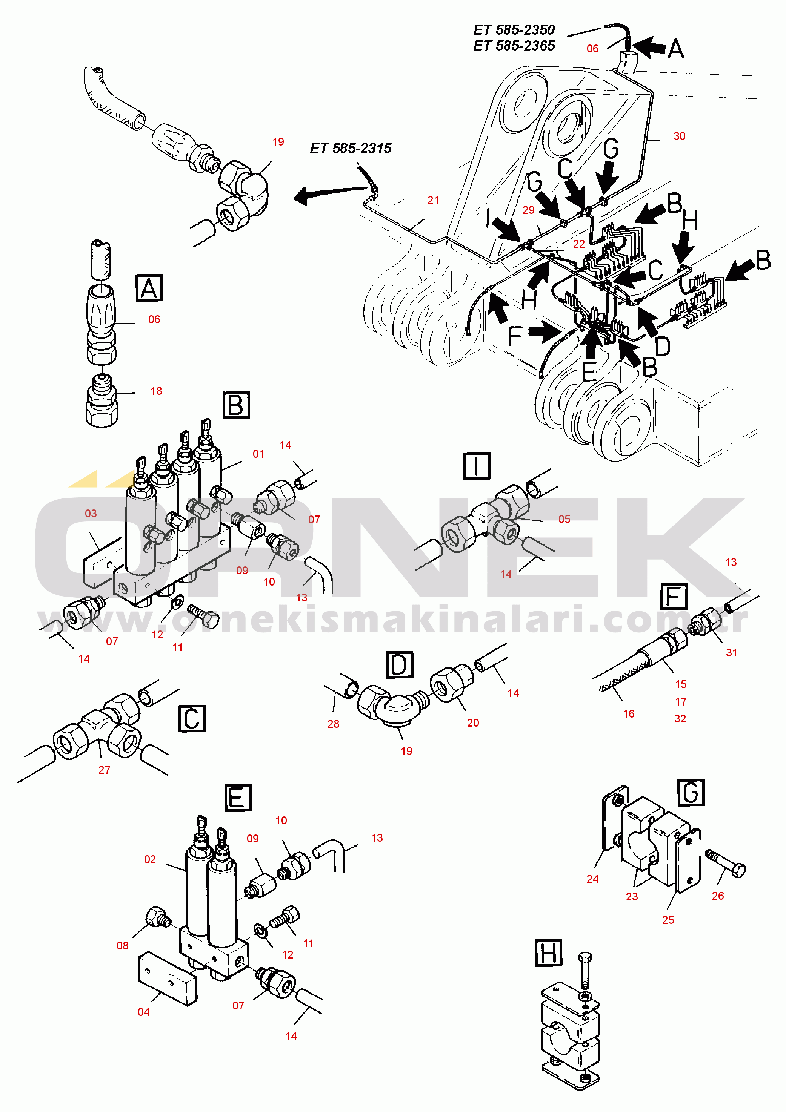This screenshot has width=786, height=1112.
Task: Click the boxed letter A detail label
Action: tap(149, 288)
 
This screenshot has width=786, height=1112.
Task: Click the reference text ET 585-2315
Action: tap(351, 148)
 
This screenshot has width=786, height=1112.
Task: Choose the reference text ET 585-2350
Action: tap(514, 30)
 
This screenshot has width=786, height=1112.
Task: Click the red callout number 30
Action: tap(679, 136)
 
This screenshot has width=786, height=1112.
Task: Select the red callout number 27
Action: tap(104, 770)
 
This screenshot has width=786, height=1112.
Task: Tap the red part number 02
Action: tap(150, 859)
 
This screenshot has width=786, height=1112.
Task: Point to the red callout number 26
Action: tap(718, 896)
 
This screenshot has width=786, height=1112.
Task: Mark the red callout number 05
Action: tap(564, 519)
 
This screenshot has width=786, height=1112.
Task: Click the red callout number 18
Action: tap(156, 391)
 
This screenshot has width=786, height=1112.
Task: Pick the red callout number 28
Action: tap(334, 724)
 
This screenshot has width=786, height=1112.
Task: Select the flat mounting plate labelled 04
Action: tap(168, 979)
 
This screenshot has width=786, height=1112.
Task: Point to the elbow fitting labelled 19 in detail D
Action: tap(393, 707)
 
